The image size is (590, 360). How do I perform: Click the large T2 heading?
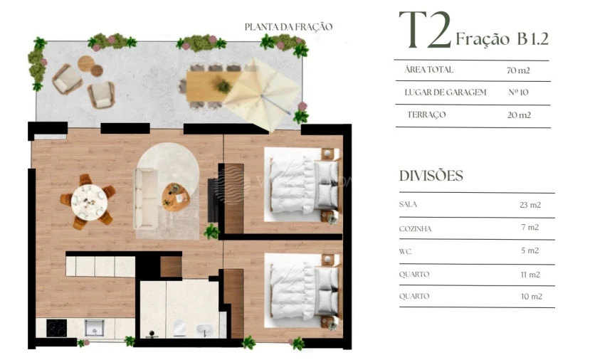coord(425,31)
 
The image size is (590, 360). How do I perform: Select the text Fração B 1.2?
coord(502,38)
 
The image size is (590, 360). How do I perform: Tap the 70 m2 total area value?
coord(518,70)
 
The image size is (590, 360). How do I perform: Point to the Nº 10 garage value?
coord(518,92)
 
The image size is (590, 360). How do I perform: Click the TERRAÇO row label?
coord(427,115)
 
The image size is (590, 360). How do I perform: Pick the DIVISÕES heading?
coord(431,176)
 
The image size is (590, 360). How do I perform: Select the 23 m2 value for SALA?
coord(530,204)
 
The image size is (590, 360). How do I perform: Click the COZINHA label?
coord(416,229)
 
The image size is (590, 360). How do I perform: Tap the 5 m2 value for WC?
coord(530,250)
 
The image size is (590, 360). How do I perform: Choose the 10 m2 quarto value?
coord(530,296)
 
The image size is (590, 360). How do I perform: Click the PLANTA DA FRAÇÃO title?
coord(288,27)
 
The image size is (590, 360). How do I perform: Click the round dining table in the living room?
coord(89,201)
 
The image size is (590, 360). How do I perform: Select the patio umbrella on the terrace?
coord(262,90)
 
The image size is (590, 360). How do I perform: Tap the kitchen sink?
coord(94,327)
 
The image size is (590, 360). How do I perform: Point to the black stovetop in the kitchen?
coord(56,328)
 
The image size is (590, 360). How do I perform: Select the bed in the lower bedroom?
coord(302,291)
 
